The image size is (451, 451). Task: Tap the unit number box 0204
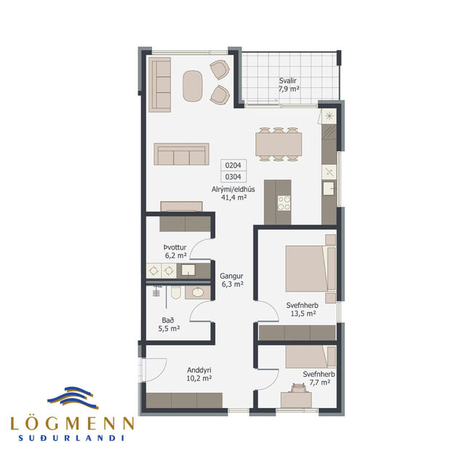coord(233,165)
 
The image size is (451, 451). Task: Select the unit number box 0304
coord(233,176)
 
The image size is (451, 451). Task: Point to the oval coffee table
coord(193,86)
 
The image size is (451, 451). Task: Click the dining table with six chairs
coord(279,143)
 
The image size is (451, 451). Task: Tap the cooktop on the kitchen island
coord(283,201)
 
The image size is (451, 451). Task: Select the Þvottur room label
coord(175,247)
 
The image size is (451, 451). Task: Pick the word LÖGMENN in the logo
coord(72,423)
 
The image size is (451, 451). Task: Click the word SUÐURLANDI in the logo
coord(72,438)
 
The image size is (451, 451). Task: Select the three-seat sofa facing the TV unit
coord(180,155)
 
